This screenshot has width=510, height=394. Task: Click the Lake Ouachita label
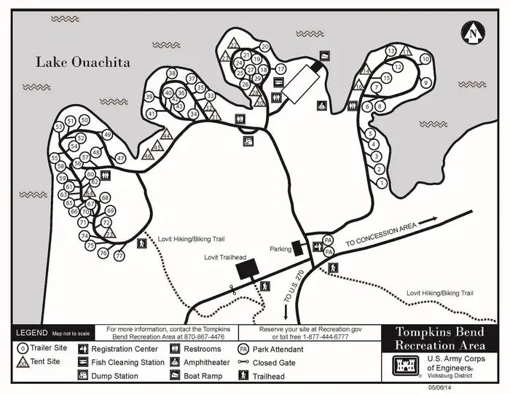click(83, 63)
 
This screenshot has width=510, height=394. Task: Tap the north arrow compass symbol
click(474, 32)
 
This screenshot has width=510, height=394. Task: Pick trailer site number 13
click(391, 51)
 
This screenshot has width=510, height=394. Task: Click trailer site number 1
click(382, 183)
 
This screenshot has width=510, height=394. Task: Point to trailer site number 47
click(121, 158)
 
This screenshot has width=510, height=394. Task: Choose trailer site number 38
click(172, 74)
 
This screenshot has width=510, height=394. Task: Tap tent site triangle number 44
click(166, 135)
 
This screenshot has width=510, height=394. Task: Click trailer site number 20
click(264, 47)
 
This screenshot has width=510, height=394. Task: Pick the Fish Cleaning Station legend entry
click(128, 362)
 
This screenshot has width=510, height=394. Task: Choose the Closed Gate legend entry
click(274, 362)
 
